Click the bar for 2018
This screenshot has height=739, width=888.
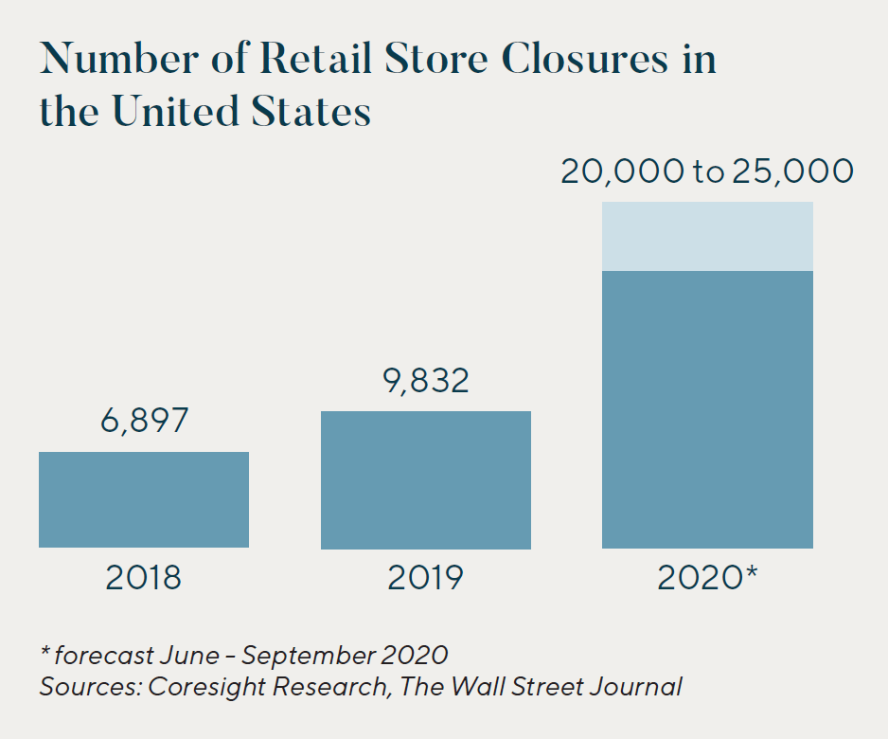[x=144, y=499]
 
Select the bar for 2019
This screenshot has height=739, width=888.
[x=426, y=479]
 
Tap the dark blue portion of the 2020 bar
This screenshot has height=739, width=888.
[x=707, y=409]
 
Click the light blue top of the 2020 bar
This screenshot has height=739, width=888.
[x=707, y=236]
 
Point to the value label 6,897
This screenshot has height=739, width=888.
[x=145, y=421]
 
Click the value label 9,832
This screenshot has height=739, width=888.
[x=426, y=380]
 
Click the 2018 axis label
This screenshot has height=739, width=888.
[x=144, y=577]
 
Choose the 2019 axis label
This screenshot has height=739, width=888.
[x=426, y=577]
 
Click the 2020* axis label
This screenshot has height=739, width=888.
[x=708, y=577]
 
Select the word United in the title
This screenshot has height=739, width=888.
[x=179, y=112]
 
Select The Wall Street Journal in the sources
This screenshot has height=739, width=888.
[x=541, y=686]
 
